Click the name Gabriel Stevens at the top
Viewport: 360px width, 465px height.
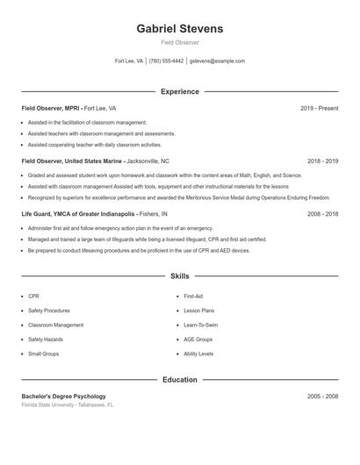coord(180,29)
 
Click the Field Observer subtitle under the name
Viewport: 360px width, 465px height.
coord(180,42)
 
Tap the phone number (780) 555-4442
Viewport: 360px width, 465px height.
coord(166,61)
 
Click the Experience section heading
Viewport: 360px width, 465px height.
coord(180,91)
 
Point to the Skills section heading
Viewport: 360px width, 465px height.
coord(180,275)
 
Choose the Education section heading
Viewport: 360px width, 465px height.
coord(180,380)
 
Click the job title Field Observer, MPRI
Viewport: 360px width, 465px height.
coord(50,108)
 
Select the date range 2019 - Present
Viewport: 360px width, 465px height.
coord(319,108)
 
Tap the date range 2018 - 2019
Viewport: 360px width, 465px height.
coord(322,161)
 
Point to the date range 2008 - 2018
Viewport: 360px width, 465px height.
coord(322,213)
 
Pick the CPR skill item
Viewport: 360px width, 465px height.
coord(33,297)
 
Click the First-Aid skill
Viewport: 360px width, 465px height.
coord(193,297)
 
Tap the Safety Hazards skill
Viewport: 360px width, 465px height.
coord(46,339)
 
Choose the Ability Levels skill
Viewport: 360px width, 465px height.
coord(198,353)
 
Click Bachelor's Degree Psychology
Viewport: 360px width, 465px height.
coord(63,396)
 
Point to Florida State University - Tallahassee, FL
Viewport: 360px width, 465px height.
coord(68,404)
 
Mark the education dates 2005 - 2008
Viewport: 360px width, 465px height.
coord(322,396)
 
